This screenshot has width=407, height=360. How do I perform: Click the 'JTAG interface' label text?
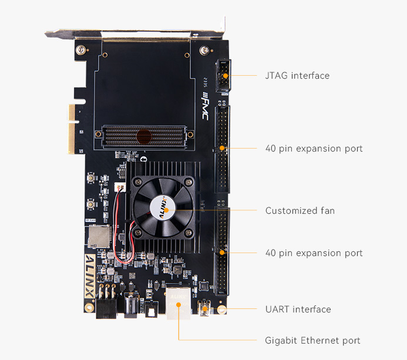pos(297,76)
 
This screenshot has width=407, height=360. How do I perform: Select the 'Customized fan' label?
pos(300,210)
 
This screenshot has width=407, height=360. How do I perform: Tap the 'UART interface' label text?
pos(298,309)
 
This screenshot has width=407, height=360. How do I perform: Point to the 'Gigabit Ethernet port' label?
pos(312,340)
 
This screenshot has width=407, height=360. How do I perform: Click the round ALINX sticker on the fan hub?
pos(163,208)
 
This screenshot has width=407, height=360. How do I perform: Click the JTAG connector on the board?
pos(223,76)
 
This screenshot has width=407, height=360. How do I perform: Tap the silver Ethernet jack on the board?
pos(179,303)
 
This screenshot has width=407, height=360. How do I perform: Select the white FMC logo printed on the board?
pos(205,106)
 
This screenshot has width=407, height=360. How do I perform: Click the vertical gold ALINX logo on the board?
pos(90,276)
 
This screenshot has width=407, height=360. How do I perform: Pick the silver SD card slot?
pos(99,237)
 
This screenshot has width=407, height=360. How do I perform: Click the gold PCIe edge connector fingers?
pos(72,129)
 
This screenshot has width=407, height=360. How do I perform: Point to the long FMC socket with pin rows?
pos(144,137)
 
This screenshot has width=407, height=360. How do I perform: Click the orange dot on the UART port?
pos(205,308)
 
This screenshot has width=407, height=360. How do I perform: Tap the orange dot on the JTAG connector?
pos(226,76)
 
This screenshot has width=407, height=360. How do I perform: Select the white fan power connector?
pos(120,187)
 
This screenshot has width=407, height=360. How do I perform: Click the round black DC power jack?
pos(131,304)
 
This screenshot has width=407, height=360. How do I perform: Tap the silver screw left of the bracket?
pos(80,49)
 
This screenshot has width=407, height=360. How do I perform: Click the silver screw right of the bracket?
pos(204,50)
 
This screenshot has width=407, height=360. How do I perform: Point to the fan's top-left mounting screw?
pos(137,181)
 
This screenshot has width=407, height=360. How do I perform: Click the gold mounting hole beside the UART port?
pos(221,309)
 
